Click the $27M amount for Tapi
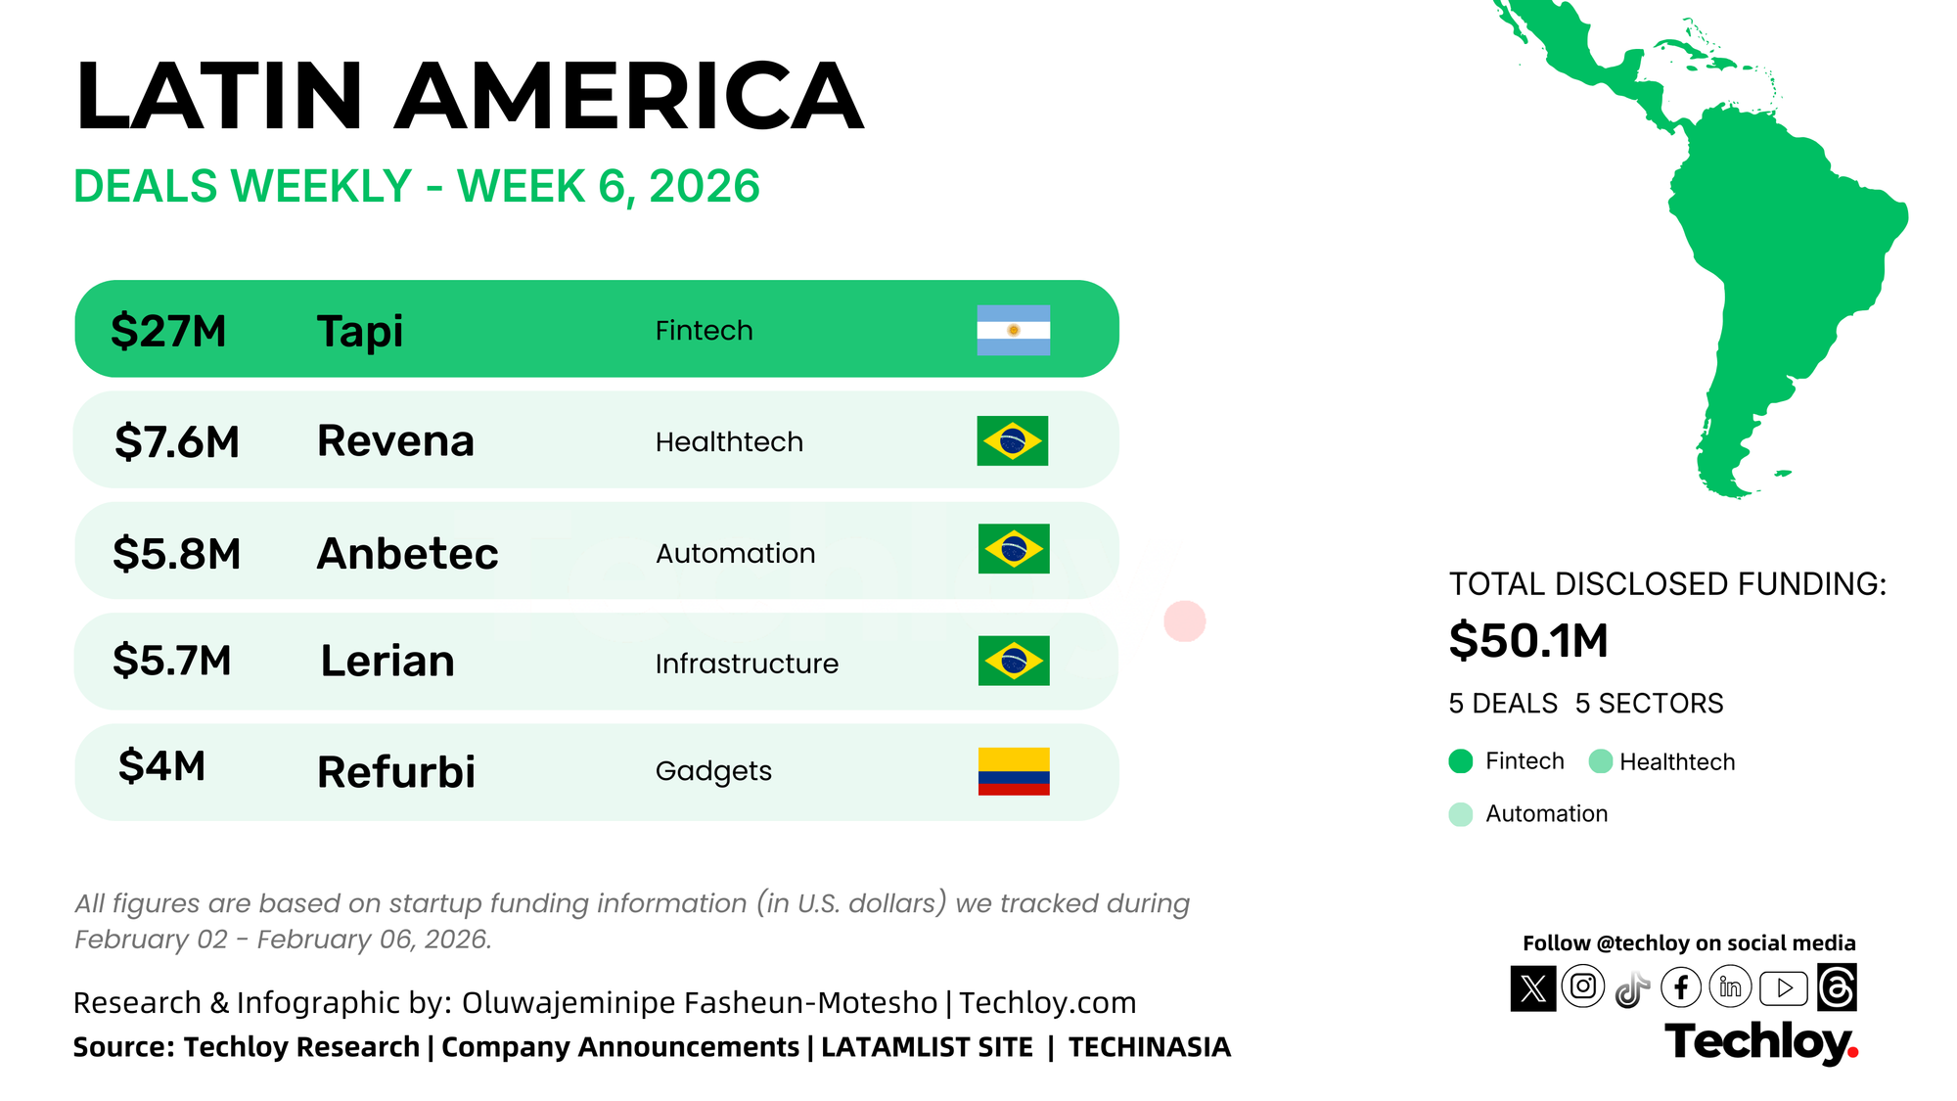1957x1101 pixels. tap(168, 331)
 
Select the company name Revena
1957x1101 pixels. tap(395, 440)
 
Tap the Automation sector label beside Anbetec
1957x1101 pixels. tap(735, 553)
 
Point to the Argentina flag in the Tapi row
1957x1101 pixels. tap(1014, 330)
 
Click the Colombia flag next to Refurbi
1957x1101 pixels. tap(1014, 771)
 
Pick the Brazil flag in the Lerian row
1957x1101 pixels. tap(1014, 661)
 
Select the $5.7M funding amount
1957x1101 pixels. tap(172, 661)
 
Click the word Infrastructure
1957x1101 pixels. tap(747, 664)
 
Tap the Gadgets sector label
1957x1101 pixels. tap(713, 772)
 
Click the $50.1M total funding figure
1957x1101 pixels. tap(1528, 640)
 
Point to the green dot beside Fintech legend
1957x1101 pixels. tap(1461, 761)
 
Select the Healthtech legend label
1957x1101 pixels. tap(1677, 761)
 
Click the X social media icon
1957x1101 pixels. tap(1533, 988)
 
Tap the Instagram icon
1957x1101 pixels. tap(1583, 986)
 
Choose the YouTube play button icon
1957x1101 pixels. tap(1784, 988)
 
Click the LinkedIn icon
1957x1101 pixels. tap(1731, 987)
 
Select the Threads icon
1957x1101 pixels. tap(1837, 987)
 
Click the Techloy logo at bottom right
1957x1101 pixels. tap(1761, 1042)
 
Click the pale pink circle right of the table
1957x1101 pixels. tap(1185, 621)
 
